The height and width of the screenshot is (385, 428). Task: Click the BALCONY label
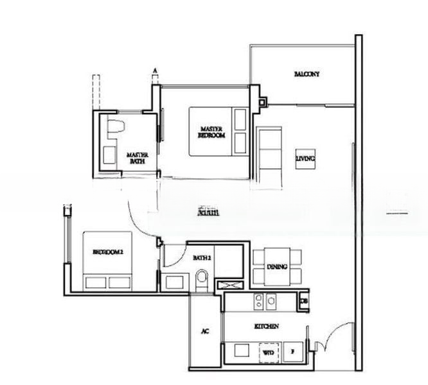pyautogui.click(x=307, y=74)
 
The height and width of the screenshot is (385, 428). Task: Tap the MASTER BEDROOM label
pyautogui.click(x=211, y=132)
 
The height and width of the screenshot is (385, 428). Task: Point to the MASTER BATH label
pyautogui.click(x=138, y=158)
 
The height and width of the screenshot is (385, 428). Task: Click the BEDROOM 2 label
pyautogui.click(x=107, y=252)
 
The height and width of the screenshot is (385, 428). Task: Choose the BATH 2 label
pyautogui.click(x=202, y=257)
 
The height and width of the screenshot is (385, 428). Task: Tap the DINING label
pyautogui.click(x=277, y=267)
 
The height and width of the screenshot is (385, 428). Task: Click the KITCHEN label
pyautogui.click(x=266, y=327)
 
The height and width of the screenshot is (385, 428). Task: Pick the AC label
pyautogui.click(x=205, y=332)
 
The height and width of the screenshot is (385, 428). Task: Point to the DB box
pyautogui.click(x=304, y=300)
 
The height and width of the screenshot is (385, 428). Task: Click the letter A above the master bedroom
pyautogui.click(x=155, y=70)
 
